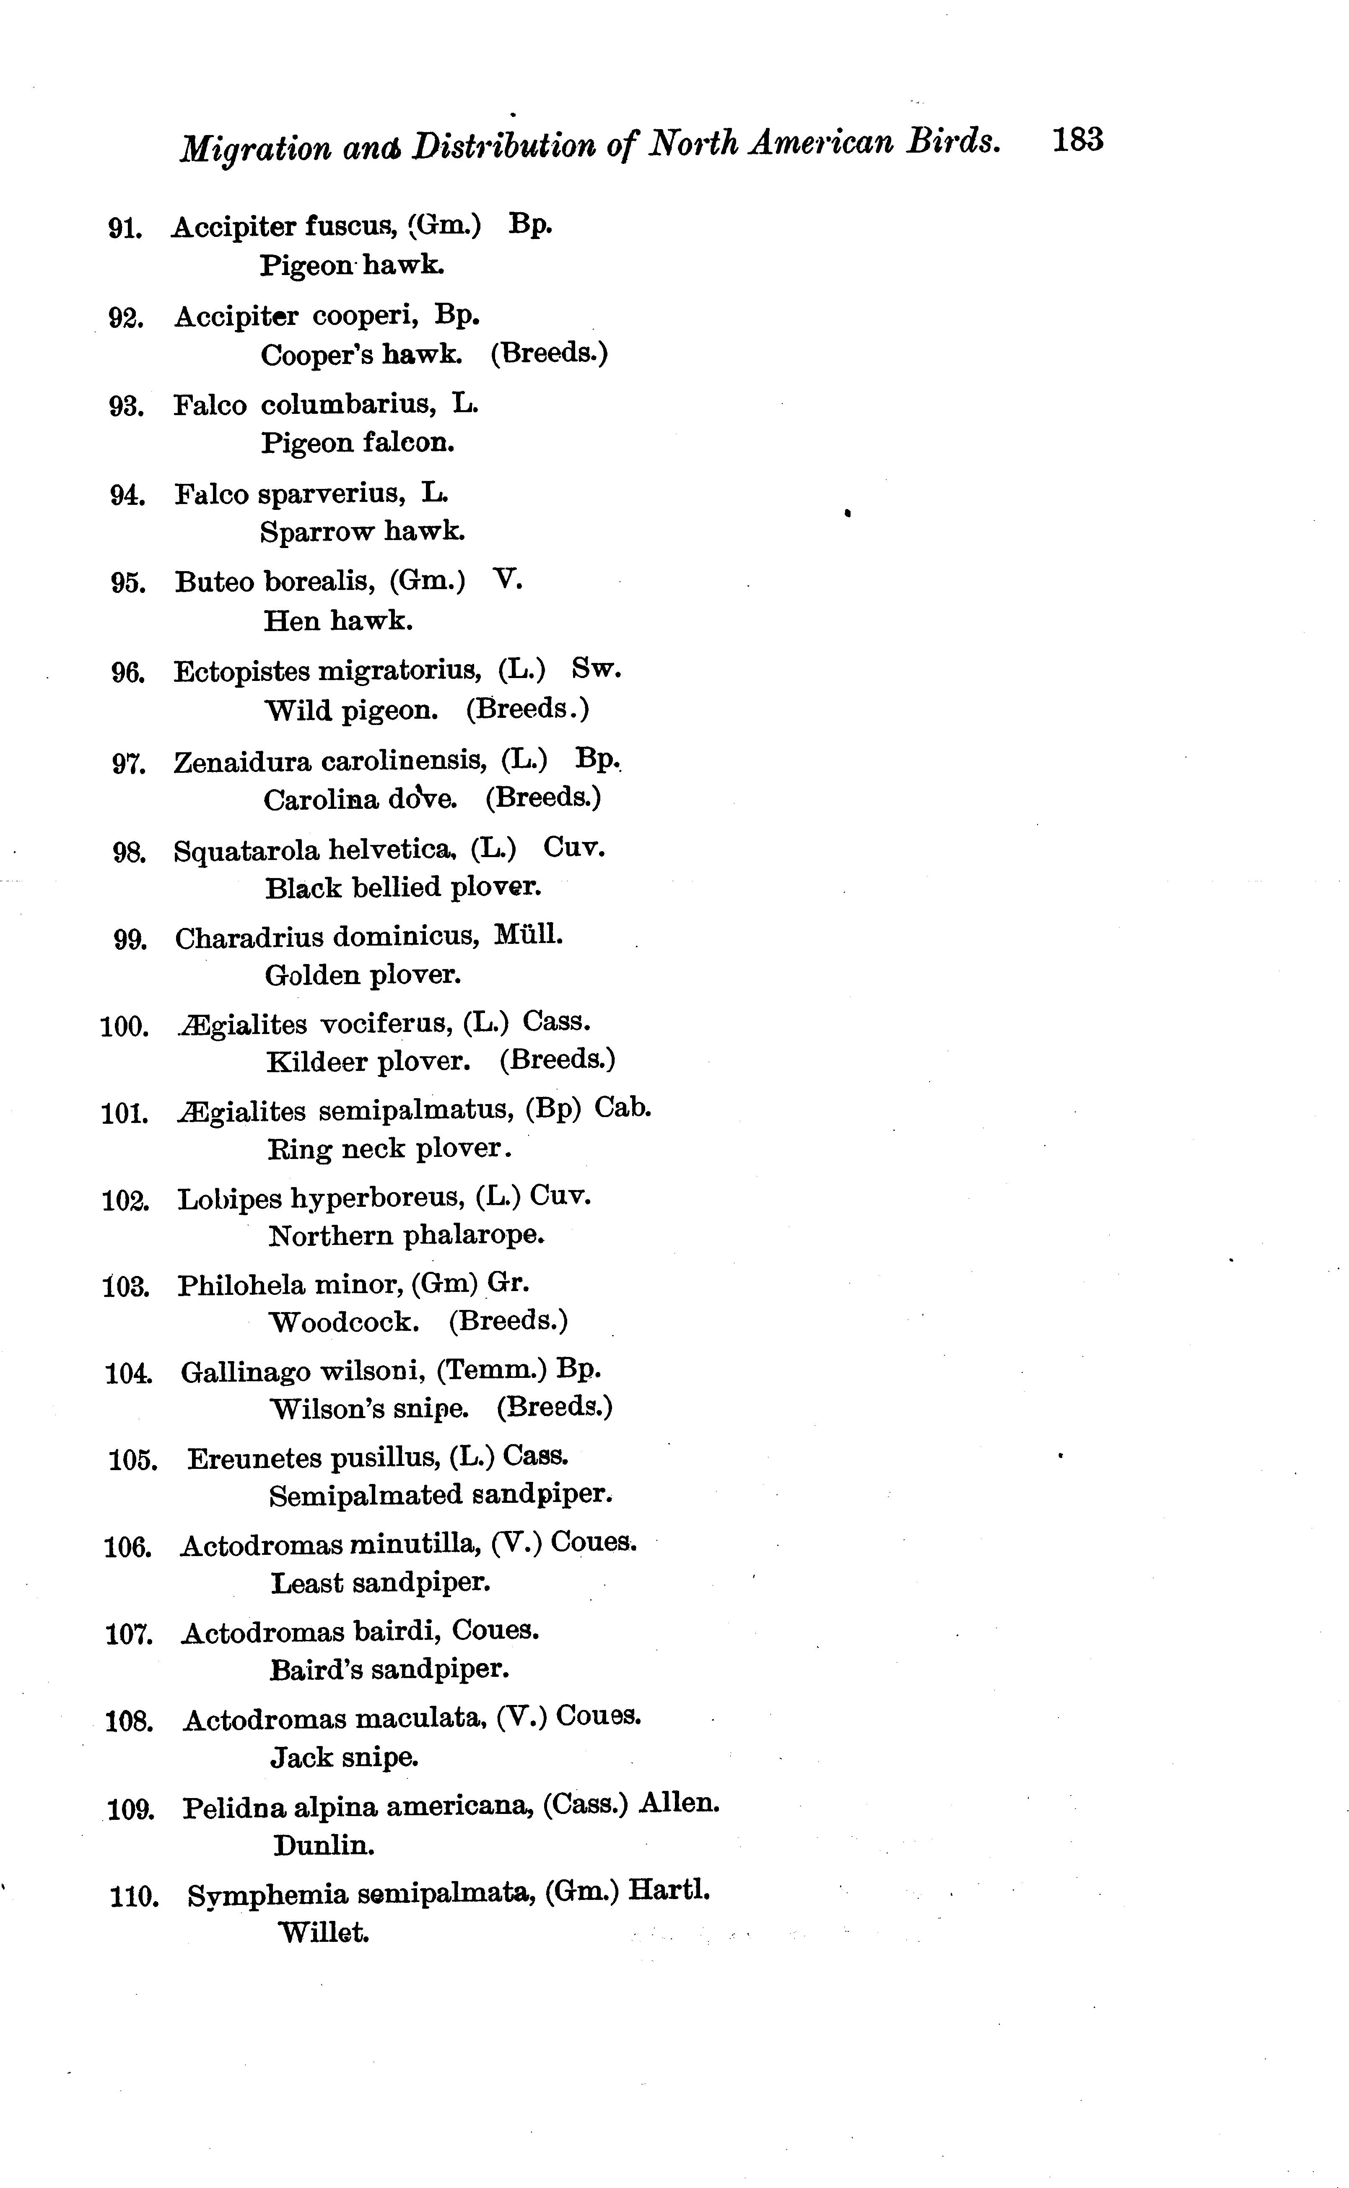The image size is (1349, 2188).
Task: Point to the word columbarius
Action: pos(348,405)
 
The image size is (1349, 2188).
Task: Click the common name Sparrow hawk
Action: pos(362,532)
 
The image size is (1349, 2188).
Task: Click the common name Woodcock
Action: pos(343,1322)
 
